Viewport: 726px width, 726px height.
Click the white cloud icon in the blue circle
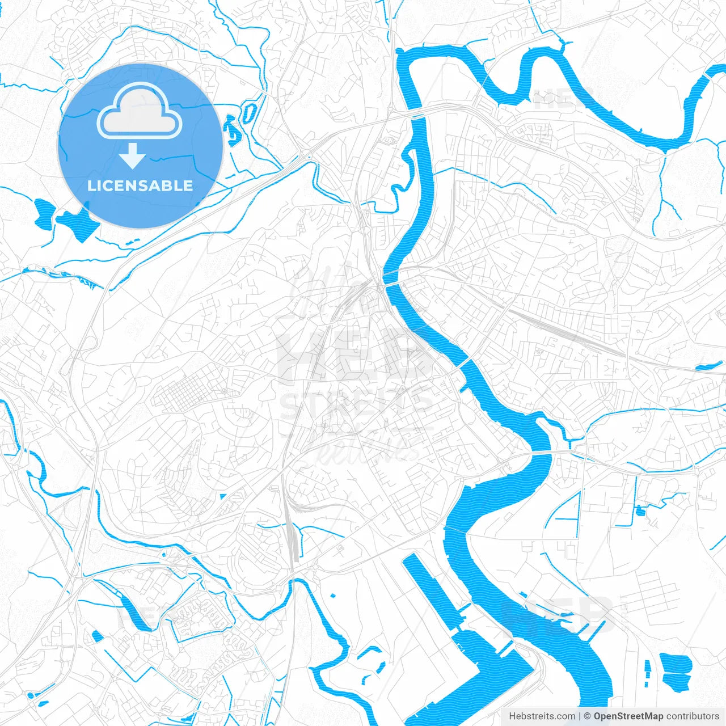click(x=140, y=111)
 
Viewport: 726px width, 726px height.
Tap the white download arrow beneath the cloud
click(x=132, y=155)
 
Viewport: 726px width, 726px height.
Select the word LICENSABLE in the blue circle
click(x=140, y=185)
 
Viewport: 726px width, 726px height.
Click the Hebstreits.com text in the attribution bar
click(x=542, y=716)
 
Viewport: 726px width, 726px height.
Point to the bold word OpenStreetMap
click(x=628, y=716)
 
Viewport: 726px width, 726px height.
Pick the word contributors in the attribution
click(x=692, y=716)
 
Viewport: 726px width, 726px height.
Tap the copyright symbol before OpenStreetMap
click(x=588, y=716)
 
